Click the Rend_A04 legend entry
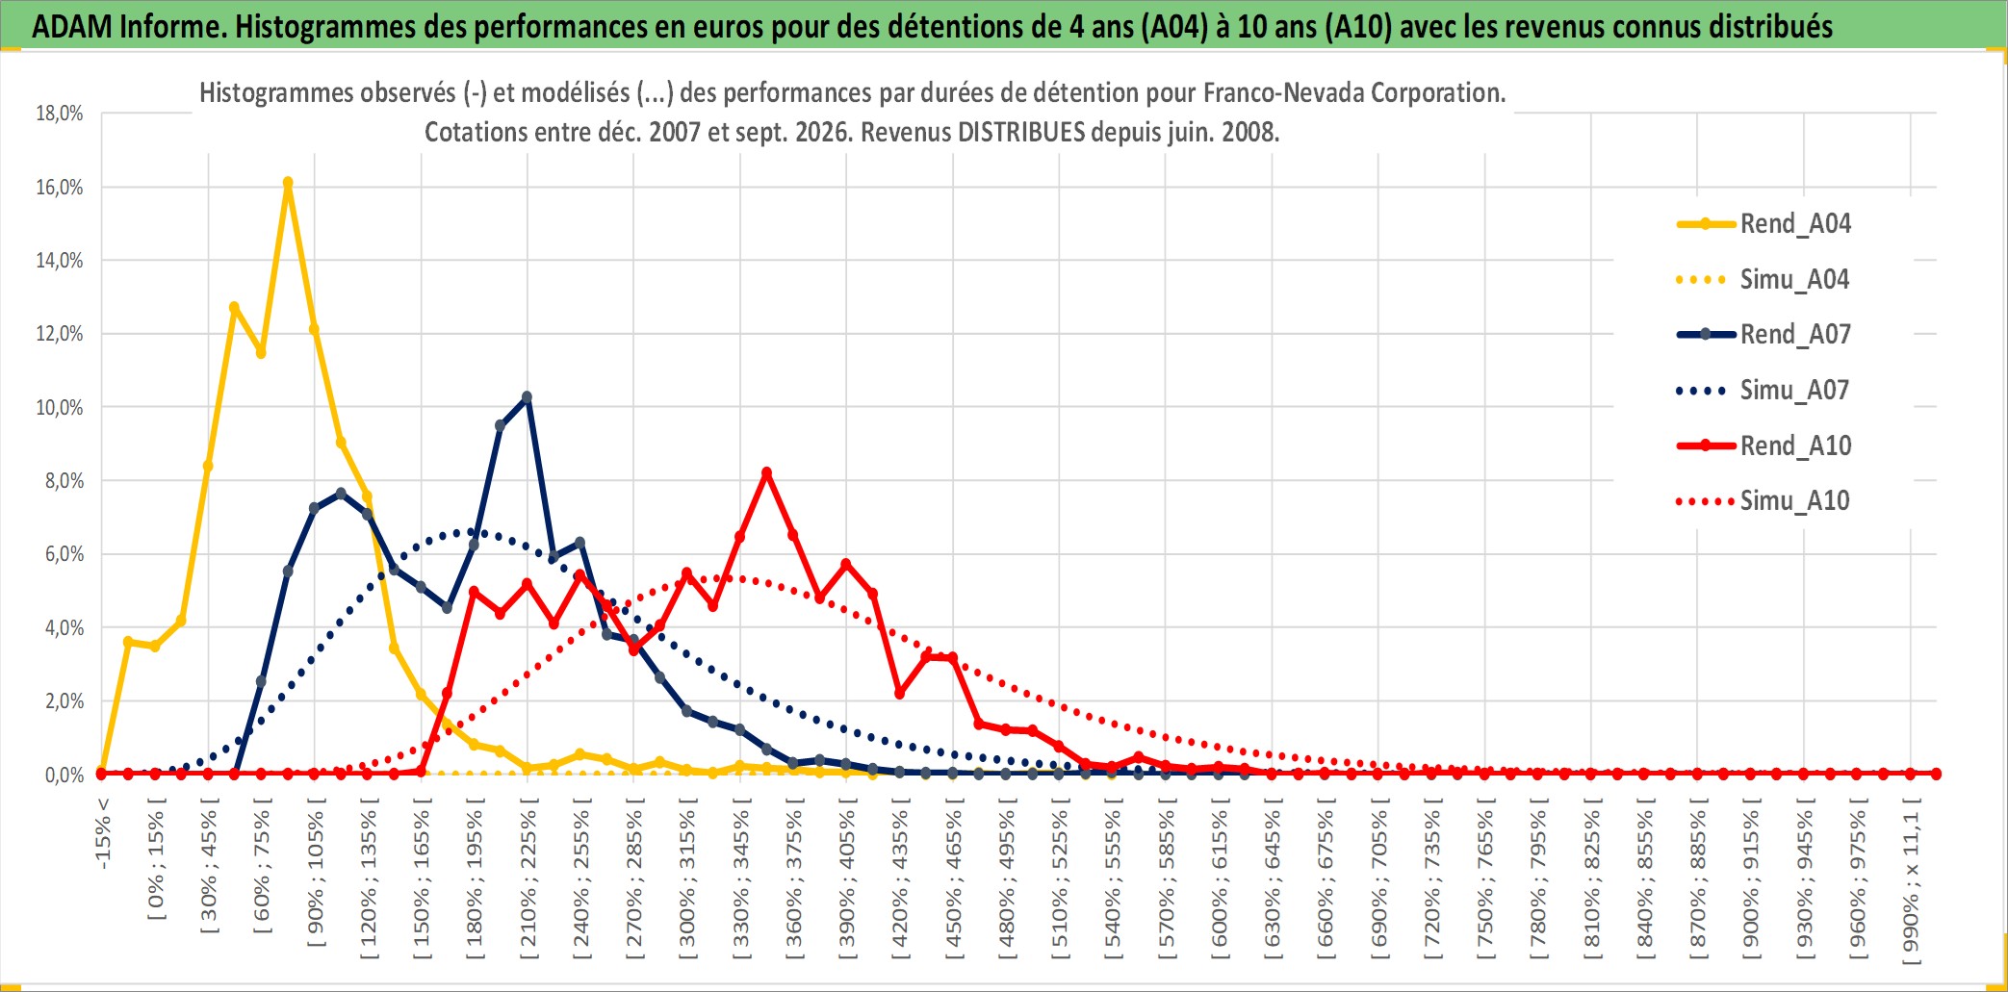click(x=1763, y=224)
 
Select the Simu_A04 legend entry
click(x=1763, y=280)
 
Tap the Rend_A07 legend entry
click(x=1763, y=335)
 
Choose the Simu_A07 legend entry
click(x=1763, y=391)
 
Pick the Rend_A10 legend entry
click(x=1763, y=446)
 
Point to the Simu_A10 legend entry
click(x=1763, y=501)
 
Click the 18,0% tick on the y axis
click(x=60, y=114)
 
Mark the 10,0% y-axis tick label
click(x=60, y=407)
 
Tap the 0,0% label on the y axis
click(x=64, y=775)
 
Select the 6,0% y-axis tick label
click(x=64, y=554)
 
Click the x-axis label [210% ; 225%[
click(x=528, y=885)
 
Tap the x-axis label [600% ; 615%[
click(x=1220, y=885)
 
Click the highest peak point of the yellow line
click(x=288, y=182)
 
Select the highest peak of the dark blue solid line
click(x=527, y=396)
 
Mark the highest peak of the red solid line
click(x=766, y=473)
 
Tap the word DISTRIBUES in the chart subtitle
click(x=1021, y=132)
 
